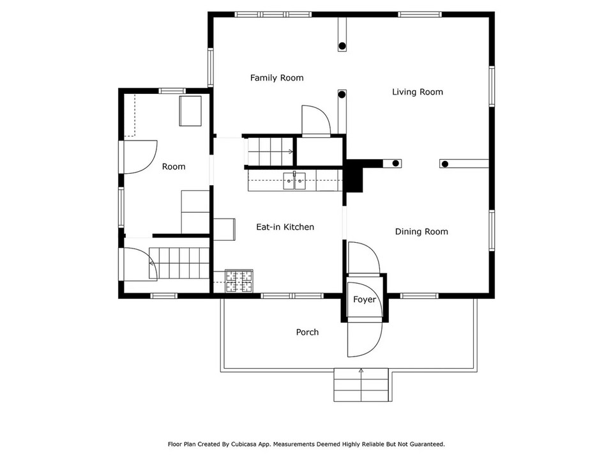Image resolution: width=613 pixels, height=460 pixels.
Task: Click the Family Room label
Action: click(276, 78)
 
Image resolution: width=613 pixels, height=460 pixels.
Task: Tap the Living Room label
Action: click(417, 92)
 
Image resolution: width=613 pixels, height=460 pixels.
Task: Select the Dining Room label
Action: click(421, 232)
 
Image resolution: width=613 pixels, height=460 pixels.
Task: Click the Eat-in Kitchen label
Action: click(285, 227)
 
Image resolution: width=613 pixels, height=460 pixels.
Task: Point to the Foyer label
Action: click(365, 300)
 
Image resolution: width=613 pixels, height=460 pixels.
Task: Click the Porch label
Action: click(307, 332)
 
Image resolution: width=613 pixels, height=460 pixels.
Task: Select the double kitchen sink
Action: click(295, 181)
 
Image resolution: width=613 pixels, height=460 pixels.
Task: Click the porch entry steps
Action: click(361, 385)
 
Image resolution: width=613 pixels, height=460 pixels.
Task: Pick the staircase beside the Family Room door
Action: click(269, 151)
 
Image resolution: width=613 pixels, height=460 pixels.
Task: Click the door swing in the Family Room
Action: click(315, 120)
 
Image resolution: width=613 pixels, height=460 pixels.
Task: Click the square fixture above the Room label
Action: click(190, 111)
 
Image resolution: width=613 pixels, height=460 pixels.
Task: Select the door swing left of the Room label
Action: click(140, 157)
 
